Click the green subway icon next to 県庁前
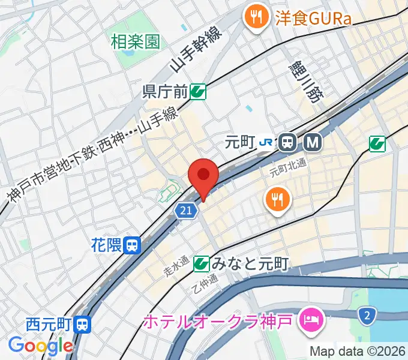[198, 92]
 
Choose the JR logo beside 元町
[267, 142]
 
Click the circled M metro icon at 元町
[313, 142]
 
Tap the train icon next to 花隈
[133, 245]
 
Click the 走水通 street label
[177, 266]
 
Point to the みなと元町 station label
[250, 263]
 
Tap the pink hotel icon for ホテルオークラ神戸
[312, 318]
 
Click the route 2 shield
[366, 314]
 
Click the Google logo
[40, 346]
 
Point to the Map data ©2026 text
[358, 350]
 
